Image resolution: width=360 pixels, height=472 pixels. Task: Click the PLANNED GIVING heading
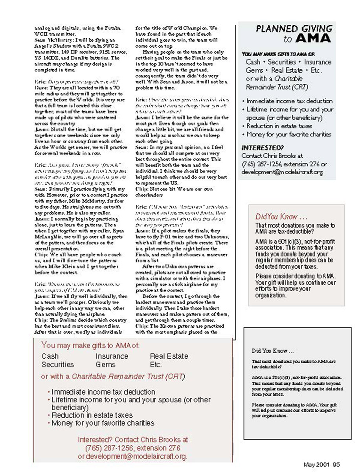[294, 29]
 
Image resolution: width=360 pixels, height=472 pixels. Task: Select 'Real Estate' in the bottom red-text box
[169, 356]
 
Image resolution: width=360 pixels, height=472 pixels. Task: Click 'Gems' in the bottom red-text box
[105, 365]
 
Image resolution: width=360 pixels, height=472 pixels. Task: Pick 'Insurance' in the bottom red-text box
[112, 356]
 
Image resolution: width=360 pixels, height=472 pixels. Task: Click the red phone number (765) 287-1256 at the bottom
[108, 448]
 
